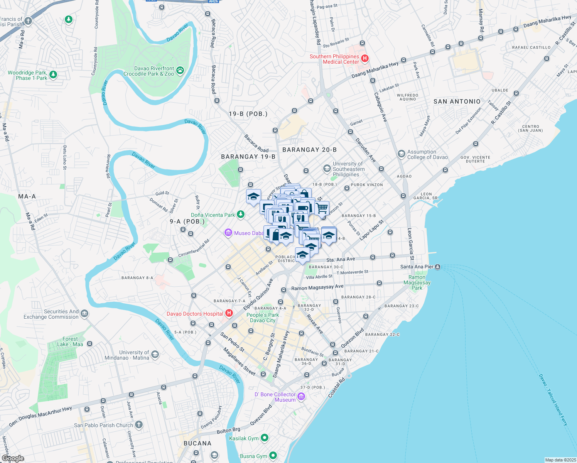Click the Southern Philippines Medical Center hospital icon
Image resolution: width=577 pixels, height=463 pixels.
[365, 59]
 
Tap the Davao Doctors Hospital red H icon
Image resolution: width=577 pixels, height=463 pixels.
[229, 313]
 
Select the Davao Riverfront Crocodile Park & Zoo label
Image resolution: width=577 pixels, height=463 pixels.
[149, 71]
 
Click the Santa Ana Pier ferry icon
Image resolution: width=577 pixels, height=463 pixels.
[437, 267]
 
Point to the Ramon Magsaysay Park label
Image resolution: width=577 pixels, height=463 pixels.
[417, 282]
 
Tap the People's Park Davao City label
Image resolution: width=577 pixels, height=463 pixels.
[263, 318]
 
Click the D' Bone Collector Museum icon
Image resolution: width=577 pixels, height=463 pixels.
[301, 396]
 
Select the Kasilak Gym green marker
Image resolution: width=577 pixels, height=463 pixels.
[265, 438]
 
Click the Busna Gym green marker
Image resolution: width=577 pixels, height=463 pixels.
[273, 456]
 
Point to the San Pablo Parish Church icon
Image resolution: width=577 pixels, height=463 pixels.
[139, 425]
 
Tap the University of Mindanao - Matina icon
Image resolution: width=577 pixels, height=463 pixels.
[155, 355]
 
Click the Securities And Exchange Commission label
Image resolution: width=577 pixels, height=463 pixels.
[51, 314]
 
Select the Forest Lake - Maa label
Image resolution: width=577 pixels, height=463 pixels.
[70, 341]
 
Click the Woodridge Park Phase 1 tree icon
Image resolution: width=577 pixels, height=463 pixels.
[53, 74]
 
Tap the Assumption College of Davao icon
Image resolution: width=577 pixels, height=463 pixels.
[402, 154]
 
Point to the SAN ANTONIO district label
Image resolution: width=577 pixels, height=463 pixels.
[457, 101]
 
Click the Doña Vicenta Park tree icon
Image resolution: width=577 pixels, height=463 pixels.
[241, 214]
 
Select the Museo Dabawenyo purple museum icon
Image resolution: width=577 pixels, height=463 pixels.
[228, 233]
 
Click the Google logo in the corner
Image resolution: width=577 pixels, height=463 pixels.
[13, 458]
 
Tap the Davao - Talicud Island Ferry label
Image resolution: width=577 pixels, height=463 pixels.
[554, 400]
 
